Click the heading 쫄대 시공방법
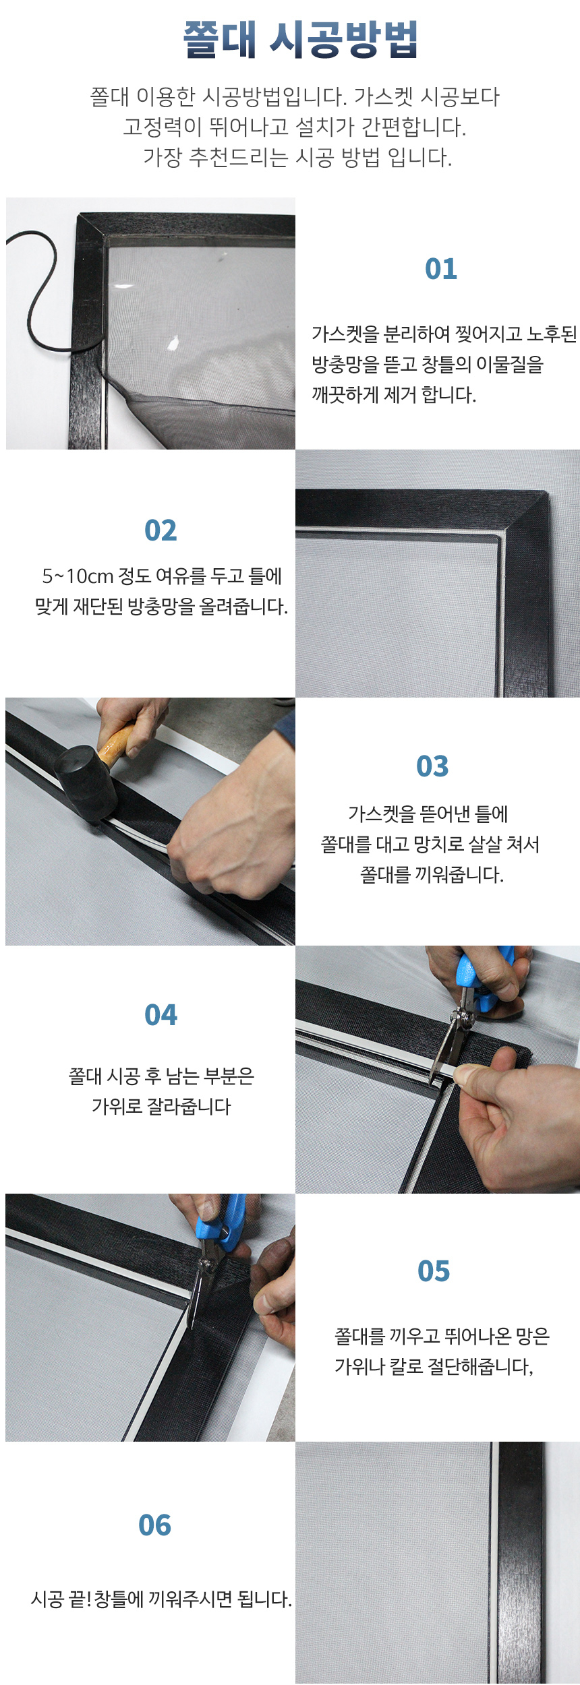[300, 39]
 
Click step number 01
[441, 269]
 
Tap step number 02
[161, 530]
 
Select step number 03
[432, 766]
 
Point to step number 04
[161, 1015]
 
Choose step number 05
[434, 1271]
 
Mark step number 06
[154, 1525]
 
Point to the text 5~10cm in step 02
[78, 576]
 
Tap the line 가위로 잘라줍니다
[161, 1106]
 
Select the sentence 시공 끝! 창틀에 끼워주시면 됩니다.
[161, 1599]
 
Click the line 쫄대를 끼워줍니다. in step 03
[432, 875]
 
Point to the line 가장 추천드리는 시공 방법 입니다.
[297, 157]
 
